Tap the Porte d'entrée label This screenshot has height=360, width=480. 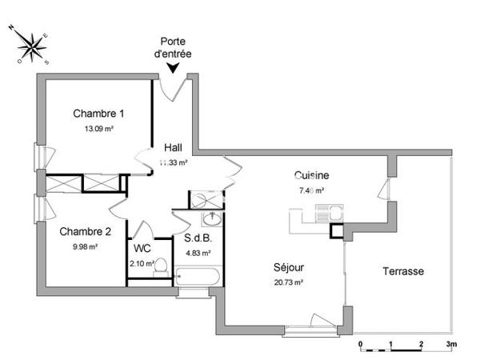(x=176, y=47)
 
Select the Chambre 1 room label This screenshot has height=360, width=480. (x=98, y=113)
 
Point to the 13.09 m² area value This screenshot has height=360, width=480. (x=98, y=127)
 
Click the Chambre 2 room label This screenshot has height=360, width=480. (x=85, y=232)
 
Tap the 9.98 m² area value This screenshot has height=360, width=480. (x=84, y=246)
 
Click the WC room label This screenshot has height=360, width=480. (x=142, y=249)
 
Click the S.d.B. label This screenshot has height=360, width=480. (x=197, y=238)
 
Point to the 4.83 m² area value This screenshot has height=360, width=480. (x=198, y=253)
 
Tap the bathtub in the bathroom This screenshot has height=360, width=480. (x=199, y=278)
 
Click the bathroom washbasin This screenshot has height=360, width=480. (x=214, y=219)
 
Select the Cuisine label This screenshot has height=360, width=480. (x=311, y=176)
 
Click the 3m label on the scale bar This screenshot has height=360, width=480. (x=452, y=345)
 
